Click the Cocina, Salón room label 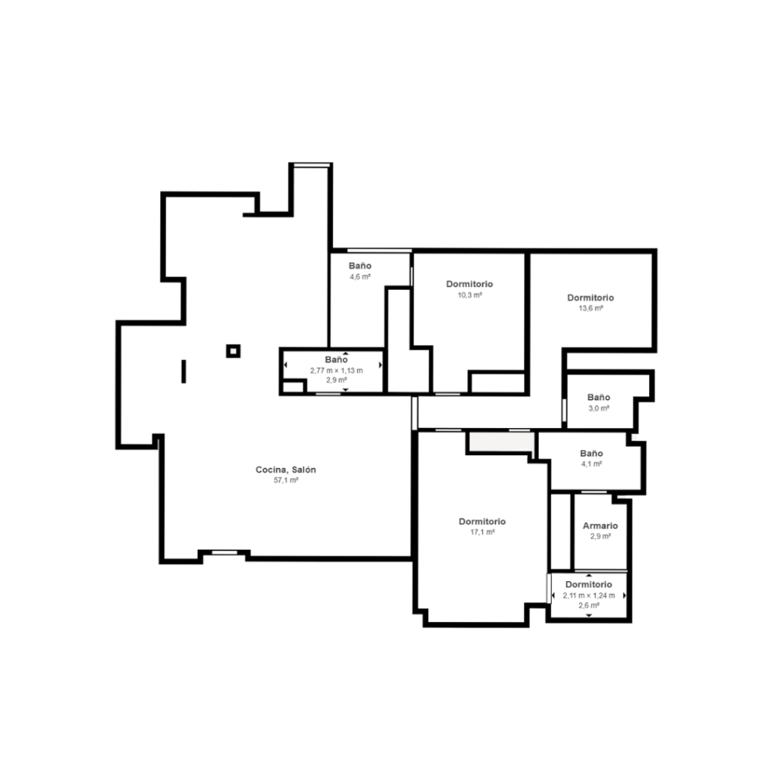(x=285, y=470)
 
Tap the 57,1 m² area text (x=286, y=480)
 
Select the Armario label (x=600, y=525)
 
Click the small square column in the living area (x=233, y=351)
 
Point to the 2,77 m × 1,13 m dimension (x=336, y=370)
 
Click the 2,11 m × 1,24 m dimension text (x=589, y=595)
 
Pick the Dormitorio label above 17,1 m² (x=482, y=521)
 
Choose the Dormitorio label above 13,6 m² (x=590, y=297)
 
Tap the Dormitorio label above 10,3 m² (x=470, y=284)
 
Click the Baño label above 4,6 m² (x=360, y=266)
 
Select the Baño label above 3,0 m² (x=599, y=397)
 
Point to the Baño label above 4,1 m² (x=591, y=453)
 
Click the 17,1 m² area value (x=482, y=532)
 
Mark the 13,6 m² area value (x=590, y=309)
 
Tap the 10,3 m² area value (x=470, y=295)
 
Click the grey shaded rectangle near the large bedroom (x=501, y=441)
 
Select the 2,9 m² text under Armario (x=600, y=537)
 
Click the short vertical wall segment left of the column (x=184, y=371)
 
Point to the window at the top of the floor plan (x=311, y=165)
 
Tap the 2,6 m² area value (x=589, y=605)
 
